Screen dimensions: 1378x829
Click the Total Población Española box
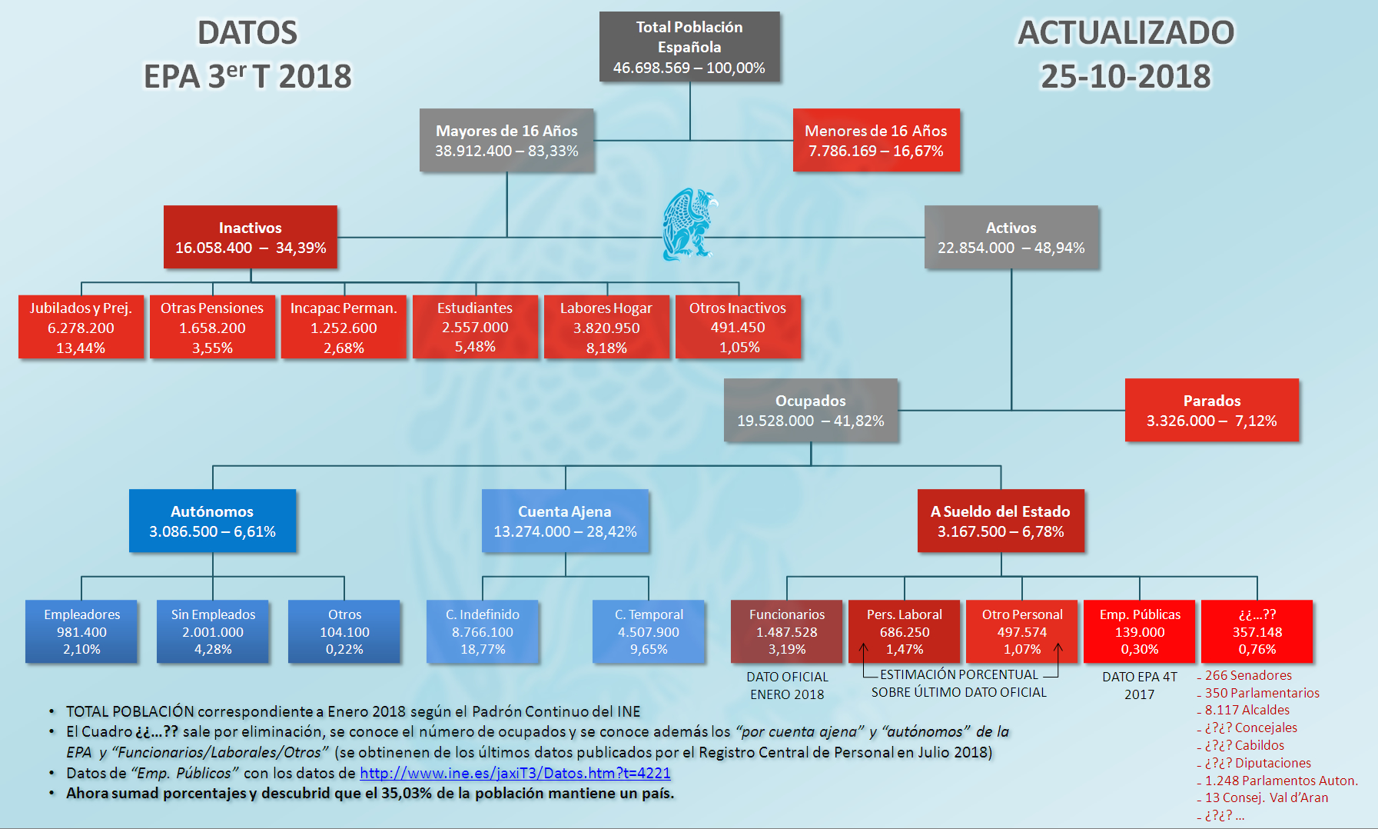tap(689, 47)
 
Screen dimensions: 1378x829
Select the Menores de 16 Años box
tap(876, 140)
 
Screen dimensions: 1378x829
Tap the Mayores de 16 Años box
tap(506, 140)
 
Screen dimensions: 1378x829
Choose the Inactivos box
tap(251, 237)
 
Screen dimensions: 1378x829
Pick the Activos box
tap(1011, 237)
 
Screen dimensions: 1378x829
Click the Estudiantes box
tap(475, 327)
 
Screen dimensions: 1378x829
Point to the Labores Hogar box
tap(606, 327)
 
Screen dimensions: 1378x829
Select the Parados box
tap(1212, 410)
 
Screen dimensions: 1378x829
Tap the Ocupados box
tap(811, 410)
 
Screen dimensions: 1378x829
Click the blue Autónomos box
tap(212, 521)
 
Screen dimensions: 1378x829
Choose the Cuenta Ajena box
tap(565, 521)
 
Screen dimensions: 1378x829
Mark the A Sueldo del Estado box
tap(1001, 521)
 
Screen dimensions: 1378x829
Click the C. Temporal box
tap(649, 631)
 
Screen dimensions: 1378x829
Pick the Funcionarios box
tap(787, 631)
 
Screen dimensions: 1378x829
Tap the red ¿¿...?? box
tap(1257, 631)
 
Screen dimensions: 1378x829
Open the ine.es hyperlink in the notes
tap(515, 773)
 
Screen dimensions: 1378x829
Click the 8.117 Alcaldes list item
tap(1247, 710)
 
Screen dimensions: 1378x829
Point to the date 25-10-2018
tap(1126, 76)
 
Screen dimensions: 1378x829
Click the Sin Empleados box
tap(213, 631)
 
